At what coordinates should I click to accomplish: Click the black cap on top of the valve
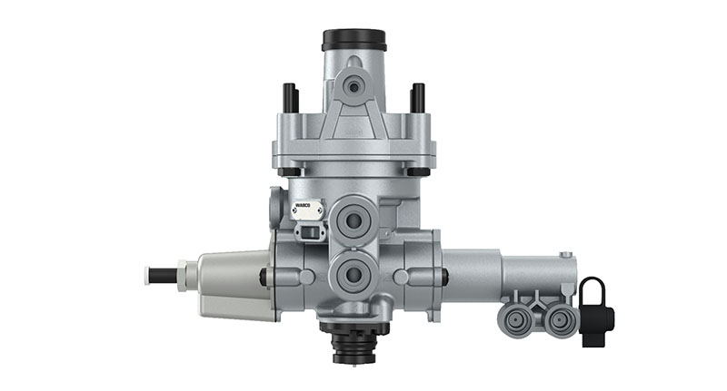pos(354,40)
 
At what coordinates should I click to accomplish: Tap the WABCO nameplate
pos(306,210)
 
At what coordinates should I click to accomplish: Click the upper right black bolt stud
pos(417,97)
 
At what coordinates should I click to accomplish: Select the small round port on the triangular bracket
pos(354,86)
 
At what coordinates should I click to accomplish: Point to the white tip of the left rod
pos(147,274)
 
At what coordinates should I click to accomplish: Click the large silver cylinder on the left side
pos(232,283)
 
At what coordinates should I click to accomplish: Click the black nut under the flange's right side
pos(418,171)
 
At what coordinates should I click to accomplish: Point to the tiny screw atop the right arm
pos(565,255)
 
